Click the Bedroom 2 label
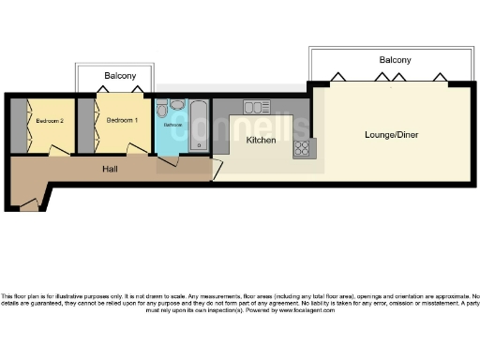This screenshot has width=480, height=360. [x=50, y=121]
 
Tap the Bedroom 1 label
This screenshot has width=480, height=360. [x=122, y=120]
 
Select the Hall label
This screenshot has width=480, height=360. [x=110, y=170]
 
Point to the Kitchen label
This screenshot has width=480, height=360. [x=261, y=140]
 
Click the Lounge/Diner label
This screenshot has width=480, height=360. [x=391, y=135]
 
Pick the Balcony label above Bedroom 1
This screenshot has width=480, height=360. [x=120, y=75]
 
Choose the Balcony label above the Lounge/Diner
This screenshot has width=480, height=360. [x=395, y=60]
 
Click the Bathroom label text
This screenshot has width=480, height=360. [x=173, y=125]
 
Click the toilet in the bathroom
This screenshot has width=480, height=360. [x=162, y=106]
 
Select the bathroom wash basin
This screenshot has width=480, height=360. [x=177, y=105]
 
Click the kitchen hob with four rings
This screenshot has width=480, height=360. [x=304, y=148]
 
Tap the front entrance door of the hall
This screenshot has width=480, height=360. [x=28, y=202]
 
